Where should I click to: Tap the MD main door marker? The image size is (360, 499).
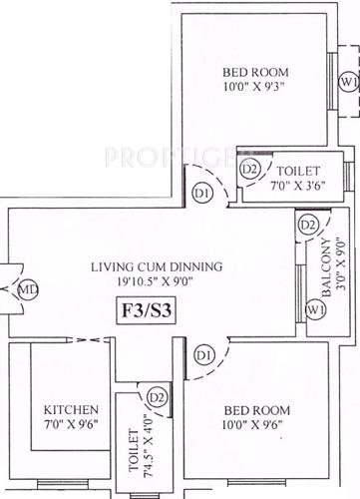31,290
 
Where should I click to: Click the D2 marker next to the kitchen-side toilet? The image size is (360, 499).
155,397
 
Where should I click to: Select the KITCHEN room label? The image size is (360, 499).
71,410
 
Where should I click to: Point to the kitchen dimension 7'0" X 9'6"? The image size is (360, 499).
71,427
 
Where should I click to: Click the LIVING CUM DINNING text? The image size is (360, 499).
156,267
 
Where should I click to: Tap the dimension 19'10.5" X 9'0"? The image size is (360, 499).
156,282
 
